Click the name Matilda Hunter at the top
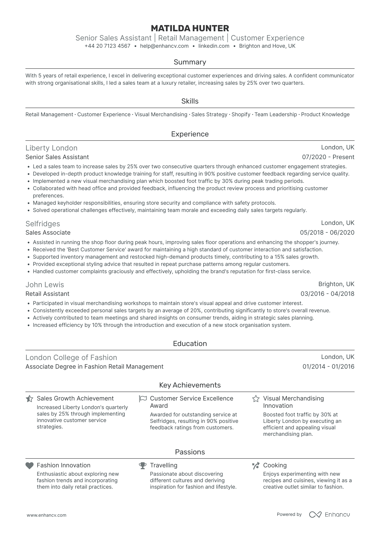pyautogui.click(x=190, y=28)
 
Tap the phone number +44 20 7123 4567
pyautogui.click(x=107, y=46)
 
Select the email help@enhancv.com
pyautogui.click(x=164, y=46)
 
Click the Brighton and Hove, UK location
pyautogui.click(x=267, y=46)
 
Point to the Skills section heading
pyautogui.click(x=190, y=101)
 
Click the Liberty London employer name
pyautogui.click(x=51, y=148)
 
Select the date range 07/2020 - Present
pyautogui.click(x=328, y=157)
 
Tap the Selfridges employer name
pyautogui.click(x=43, y=224)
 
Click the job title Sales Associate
pyautogui.click(x=48, y=233)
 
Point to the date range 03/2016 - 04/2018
pyautogui.click(x=327, y=294)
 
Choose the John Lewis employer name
pyautogui.click(x=45, y=285)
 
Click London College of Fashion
pyautogui.click(x=71, y=358)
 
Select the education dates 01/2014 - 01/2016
pyautogui.click(x=328, y=367)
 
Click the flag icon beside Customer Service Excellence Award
pyautogui.click(x=143, y=399)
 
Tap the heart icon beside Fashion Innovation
pyautogui.click(x=29, y=465)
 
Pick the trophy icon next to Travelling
pyautogui.click(x=143, y=465)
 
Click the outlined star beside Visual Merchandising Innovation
pyautogui.click(x=256, y=399)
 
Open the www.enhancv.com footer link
pyautogui.click(x=46, y=515)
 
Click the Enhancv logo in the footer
pyautogui.click(x=329, y=515)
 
